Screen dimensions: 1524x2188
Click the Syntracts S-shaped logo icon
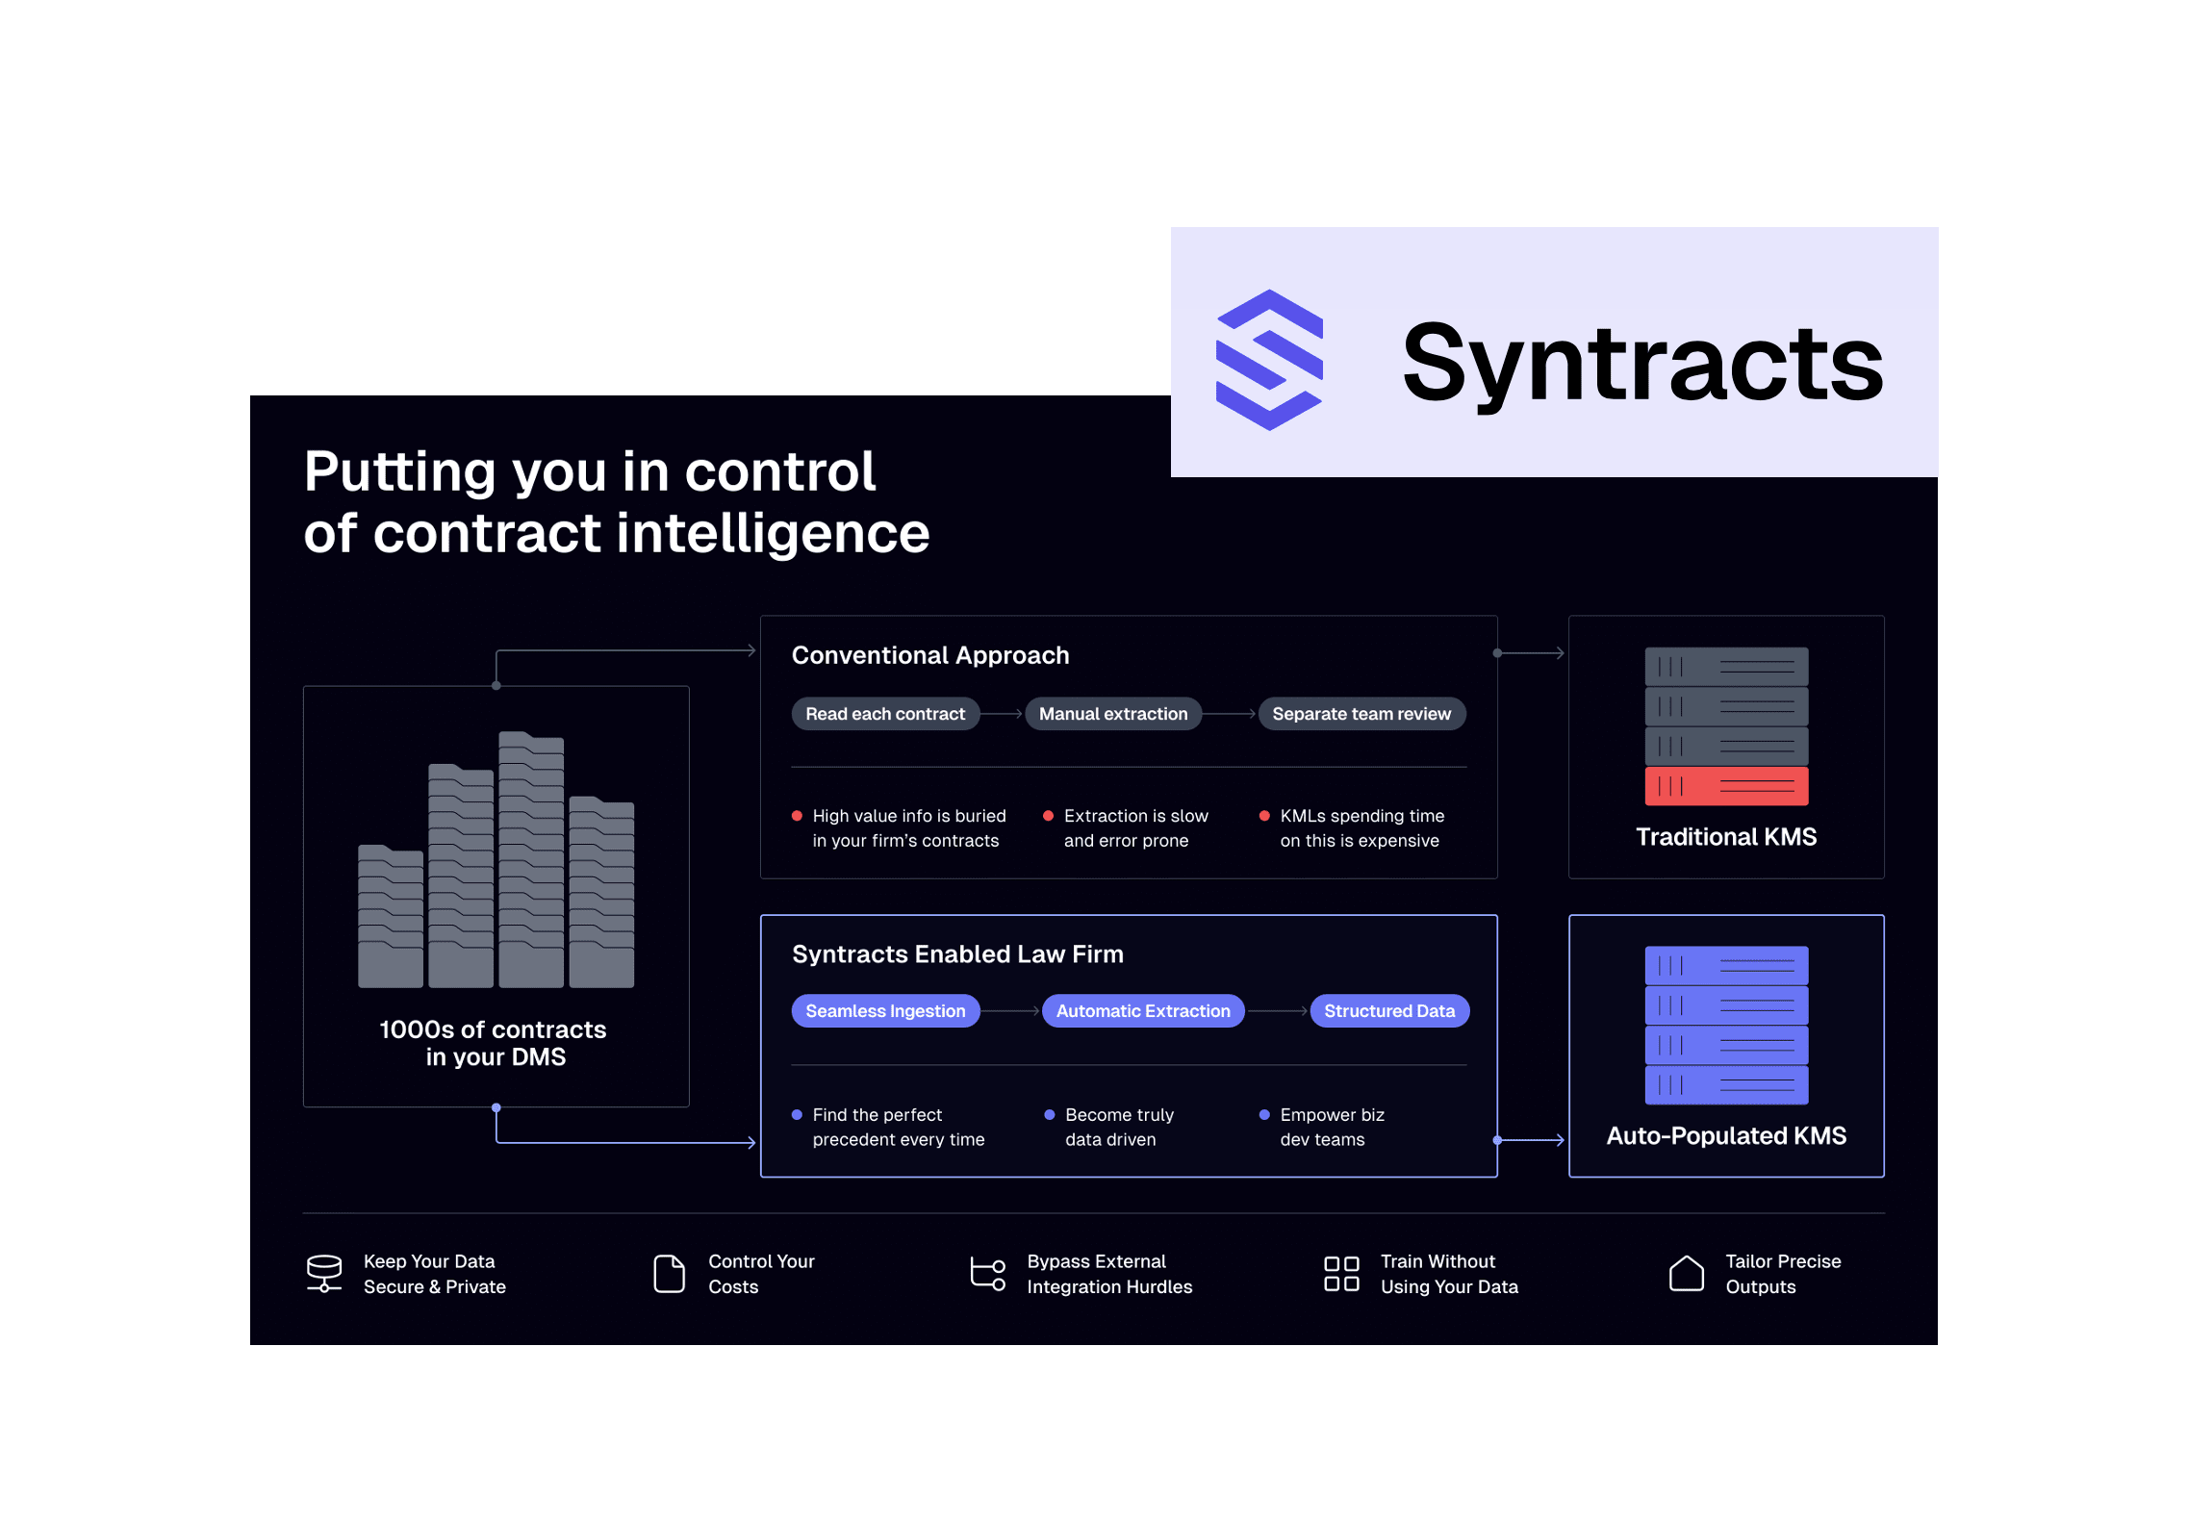click(1269, 359)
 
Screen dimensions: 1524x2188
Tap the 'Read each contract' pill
click(884, 714)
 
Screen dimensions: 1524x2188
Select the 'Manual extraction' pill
click(1112, 714)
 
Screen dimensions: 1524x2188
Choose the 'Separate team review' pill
click(1361, 714)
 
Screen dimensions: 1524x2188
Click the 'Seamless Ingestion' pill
click(884, 1011)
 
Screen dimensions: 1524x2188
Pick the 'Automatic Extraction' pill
click(1142, 1011)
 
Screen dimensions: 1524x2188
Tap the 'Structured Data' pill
click(1388, 1011)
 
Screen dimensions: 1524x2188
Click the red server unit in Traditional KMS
click(1725, 786)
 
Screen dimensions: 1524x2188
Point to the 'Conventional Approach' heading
click(929, 655)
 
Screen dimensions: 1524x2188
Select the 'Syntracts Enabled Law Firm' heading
click(956, 953)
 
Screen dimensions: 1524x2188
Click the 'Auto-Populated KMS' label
click(1725, 1136)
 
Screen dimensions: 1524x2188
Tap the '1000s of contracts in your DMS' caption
click(494, 1043)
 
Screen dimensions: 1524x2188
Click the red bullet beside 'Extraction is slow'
click(1048, 816)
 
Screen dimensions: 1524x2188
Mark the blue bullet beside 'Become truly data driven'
click(1049, 1115)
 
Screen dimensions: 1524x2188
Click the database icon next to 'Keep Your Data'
click(324, 1273)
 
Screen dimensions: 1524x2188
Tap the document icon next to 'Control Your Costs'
click(669, 1274)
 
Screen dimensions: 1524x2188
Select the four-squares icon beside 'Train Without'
click(1340, 1274)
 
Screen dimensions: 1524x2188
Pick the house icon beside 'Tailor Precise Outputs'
click(1686, 1274)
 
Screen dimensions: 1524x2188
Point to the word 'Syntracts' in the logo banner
click(1641, 364)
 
